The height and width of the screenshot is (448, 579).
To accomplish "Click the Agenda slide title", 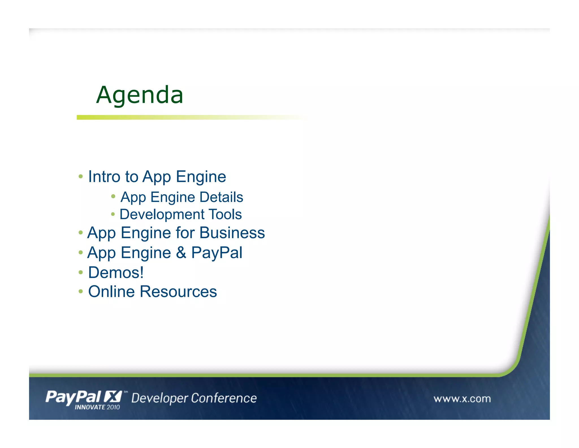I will click(x=140, y=95).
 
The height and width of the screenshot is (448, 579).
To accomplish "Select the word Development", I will click(x=162, y=214).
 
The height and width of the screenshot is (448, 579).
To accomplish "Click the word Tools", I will click(x=225, y=214).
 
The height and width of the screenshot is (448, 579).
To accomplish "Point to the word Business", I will click(x=232, y=233).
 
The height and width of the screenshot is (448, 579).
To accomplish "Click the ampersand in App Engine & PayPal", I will click(x=181, y=253).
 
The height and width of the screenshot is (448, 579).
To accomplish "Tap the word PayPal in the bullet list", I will click(x=217, y=253).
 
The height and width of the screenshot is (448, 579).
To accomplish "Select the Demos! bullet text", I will click(x=116, y=272).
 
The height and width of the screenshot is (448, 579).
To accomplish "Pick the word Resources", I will click(x=178, y=292).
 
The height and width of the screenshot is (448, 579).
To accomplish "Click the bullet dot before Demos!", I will click(x=81, y=273).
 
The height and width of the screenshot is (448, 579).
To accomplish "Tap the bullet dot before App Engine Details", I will click(x=113, y=196).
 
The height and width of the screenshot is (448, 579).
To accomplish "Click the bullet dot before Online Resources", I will click(x=81, y=291).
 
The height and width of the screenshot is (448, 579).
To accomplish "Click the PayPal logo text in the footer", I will click(x=73, y=397).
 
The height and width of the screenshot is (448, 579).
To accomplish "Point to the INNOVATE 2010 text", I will click(x=97, y=407).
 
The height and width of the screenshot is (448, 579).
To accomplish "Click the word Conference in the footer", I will click(x=224, y=398).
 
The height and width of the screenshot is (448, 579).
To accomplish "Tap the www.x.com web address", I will click(x=462, y=399).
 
